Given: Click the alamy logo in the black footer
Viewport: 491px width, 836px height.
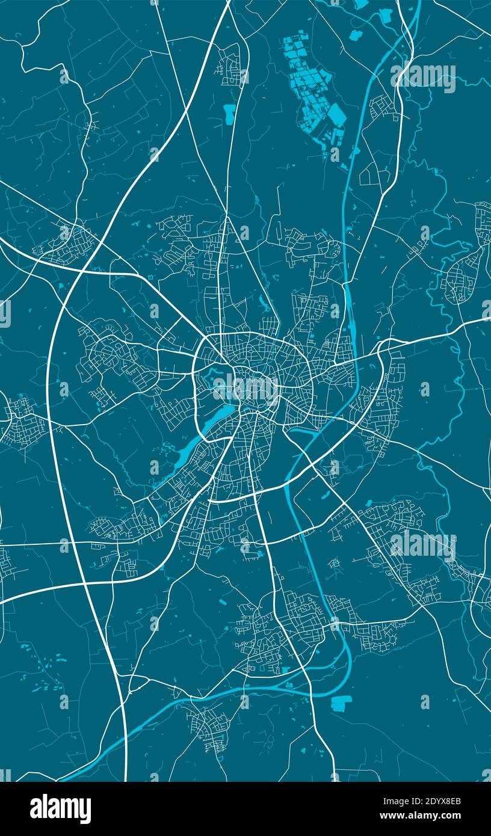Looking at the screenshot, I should pos(60,808).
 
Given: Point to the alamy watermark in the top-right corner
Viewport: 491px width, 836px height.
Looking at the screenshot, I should pos(422,76).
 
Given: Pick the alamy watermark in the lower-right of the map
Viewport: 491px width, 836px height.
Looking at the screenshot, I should pos(422,545).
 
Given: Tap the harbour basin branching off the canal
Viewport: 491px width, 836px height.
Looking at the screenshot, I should pos(301,431).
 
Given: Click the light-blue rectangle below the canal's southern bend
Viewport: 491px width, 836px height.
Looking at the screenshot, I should pos(341,702).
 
